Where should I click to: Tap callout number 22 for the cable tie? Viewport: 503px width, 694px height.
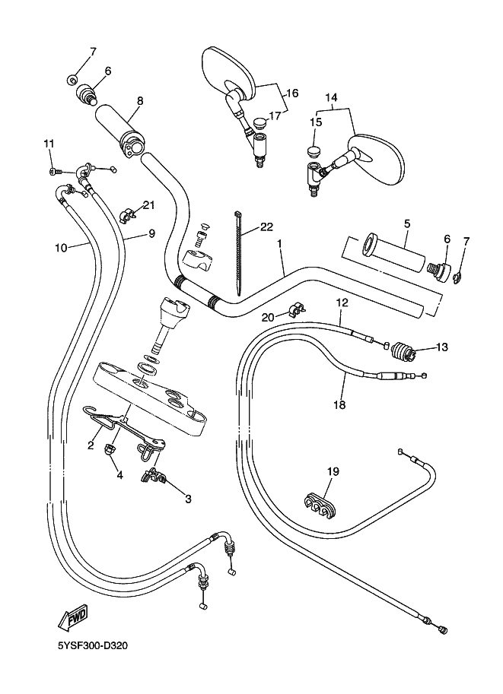point(266,227)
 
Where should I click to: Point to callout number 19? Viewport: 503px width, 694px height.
point(333,472)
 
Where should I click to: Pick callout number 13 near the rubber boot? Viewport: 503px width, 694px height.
point(442,347)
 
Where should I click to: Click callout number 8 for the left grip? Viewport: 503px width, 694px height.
point(140,100)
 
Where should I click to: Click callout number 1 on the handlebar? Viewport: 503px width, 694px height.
point(280,245)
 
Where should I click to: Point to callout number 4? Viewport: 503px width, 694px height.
point(119,476)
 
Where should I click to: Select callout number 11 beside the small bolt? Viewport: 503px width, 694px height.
point(49,144)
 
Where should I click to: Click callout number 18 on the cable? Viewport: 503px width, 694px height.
point(339,404)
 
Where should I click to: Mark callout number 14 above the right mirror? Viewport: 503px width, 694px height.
point(331,97)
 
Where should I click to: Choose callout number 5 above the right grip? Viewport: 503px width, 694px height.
point(407,223)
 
